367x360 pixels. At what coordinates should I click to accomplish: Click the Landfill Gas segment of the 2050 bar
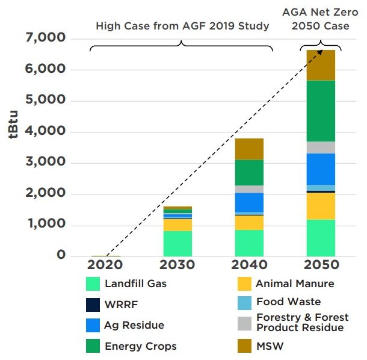click(320, 238)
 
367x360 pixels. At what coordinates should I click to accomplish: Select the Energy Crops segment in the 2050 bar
click(320, 111)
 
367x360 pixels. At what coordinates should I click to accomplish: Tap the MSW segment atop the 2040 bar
click(249, 149)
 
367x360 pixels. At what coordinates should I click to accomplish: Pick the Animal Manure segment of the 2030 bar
click(177, 225)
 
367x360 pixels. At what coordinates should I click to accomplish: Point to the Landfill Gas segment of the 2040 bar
click(249, 243)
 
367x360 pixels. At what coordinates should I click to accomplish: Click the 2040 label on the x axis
click(249, 265)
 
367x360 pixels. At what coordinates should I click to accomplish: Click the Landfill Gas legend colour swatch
click(92, 283)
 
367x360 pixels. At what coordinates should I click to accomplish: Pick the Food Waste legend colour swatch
click(243, 302)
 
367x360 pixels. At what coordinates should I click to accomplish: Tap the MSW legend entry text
click(269, 346)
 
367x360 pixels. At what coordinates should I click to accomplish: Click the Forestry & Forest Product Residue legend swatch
click(243, 323)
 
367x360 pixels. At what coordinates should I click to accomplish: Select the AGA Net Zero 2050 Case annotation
click(321, 19)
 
